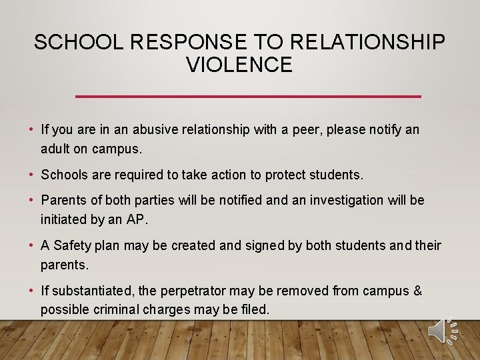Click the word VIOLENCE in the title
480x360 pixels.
(239, 65)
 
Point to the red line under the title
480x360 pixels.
(248, 97)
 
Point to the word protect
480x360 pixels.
(286, 175)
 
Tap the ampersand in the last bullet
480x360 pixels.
(417, 291)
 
